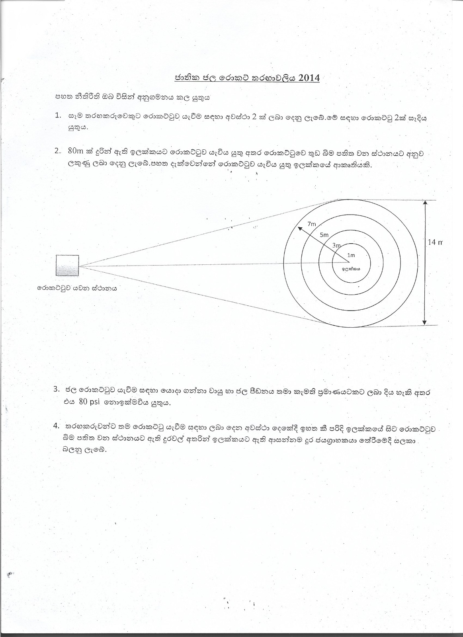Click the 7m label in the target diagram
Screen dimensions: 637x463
(312, 224)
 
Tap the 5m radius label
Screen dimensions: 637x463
(324, 235)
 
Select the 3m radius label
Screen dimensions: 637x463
(336, 246)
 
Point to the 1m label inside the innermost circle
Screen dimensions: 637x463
(351, 255)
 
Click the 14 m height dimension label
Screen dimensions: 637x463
(435, 242)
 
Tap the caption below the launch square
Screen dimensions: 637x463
(77, 288)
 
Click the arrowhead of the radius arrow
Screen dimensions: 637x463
(299, 229)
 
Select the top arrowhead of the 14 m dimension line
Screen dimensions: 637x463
(425, 203)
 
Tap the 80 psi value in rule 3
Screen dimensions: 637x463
(90, 402)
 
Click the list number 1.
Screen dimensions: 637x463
(58, 115)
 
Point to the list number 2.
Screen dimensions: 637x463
(58, 151)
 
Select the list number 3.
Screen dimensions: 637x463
(56, 389)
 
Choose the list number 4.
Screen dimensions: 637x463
(56, 426)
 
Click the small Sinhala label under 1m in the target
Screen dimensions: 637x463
(351, 269)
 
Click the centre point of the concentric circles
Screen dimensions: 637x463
(350, 262)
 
